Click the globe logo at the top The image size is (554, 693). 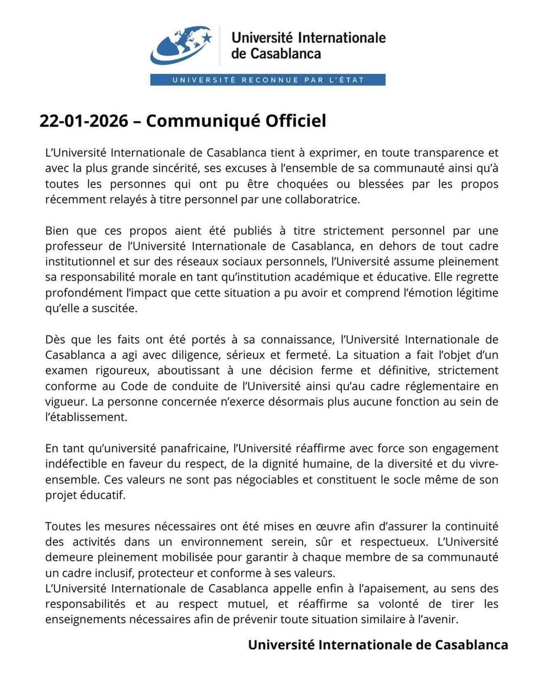coord(181,45)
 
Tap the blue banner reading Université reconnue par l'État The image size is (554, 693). coord(268,80)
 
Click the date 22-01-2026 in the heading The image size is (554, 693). coord(84,121)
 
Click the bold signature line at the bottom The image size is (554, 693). coord(378,645)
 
